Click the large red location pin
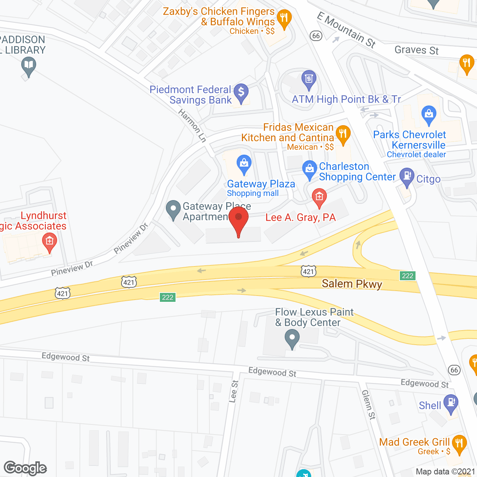pyautogui.click(x=238, y=220)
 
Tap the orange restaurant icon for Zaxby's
pyautogui.click(x=284, y=18)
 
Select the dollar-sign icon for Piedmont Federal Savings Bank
pyautogui.click(x=241, y=92)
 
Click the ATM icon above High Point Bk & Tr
pyautogui.click(x=309, y=79)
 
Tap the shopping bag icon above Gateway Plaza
pyautogui.click(x=244, y=164)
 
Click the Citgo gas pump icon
pyautogui.click(x=407, y=176)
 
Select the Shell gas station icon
pyautogui.click(x=451, y=403)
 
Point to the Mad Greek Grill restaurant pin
pyautogui.click(x=459, y=444)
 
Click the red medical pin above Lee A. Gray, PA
pyautogui.click(x=319, y=196)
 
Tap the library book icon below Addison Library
pyautogui.click(x=28, y=67)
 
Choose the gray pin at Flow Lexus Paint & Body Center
pyautogui.click(x=292, y=339)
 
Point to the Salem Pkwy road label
pyautogui.click(x=352, y=284)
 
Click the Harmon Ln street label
pyautogui.click(x=192, y=126)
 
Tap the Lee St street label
pyautogui.click(x=234, y=391)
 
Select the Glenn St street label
pyautogui.click(x=368, y=404)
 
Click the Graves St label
pyautogui.click(x=416, y=50)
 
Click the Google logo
pyautogui.click(x=25, y=468)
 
